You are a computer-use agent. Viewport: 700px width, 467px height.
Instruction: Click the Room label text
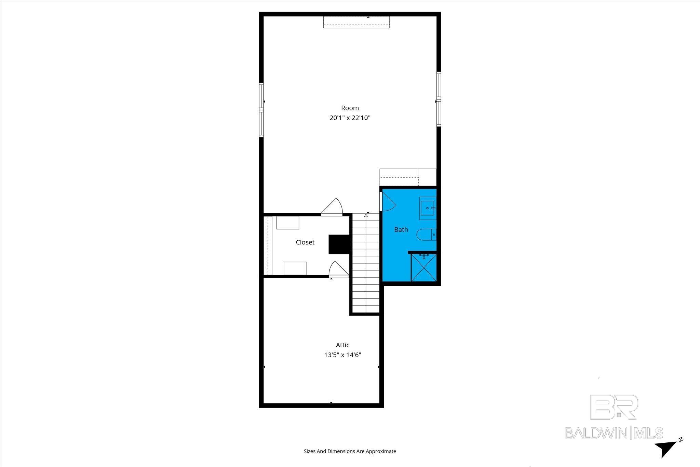pos(350,108)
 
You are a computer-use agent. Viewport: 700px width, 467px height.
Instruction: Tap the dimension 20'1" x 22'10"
pos(350,118)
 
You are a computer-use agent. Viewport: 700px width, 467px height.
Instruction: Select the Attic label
pos(342,345)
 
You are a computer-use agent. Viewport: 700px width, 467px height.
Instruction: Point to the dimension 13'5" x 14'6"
pos(342,355)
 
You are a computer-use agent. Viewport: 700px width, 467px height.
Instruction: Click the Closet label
pos(305,242)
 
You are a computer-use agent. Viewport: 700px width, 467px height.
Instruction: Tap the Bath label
pos(401,229)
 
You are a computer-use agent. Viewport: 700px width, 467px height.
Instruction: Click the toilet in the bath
pos(426,235)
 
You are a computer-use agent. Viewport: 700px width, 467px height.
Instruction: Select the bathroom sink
pos(428,208)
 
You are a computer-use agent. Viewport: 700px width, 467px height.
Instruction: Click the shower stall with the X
pos(424,267)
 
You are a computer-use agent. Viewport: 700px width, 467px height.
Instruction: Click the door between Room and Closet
pos(332,208)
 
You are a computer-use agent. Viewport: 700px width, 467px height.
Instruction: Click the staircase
pos(366,263)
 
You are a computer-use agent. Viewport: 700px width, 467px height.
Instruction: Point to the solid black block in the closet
pos(338,244)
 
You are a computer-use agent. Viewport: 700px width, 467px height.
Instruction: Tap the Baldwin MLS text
pos(614,432)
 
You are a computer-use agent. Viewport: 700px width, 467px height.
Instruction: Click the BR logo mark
pos(614,406)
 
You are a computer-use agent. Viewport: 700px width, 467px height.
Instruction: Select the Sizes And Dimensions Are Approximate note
pos(350,451)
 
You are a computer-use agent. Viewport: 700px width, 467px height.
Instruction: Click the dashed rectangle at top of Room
pos(356,22)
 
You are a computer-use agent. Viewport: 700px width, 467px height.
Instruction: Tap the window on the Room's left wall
pos(261,110)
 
